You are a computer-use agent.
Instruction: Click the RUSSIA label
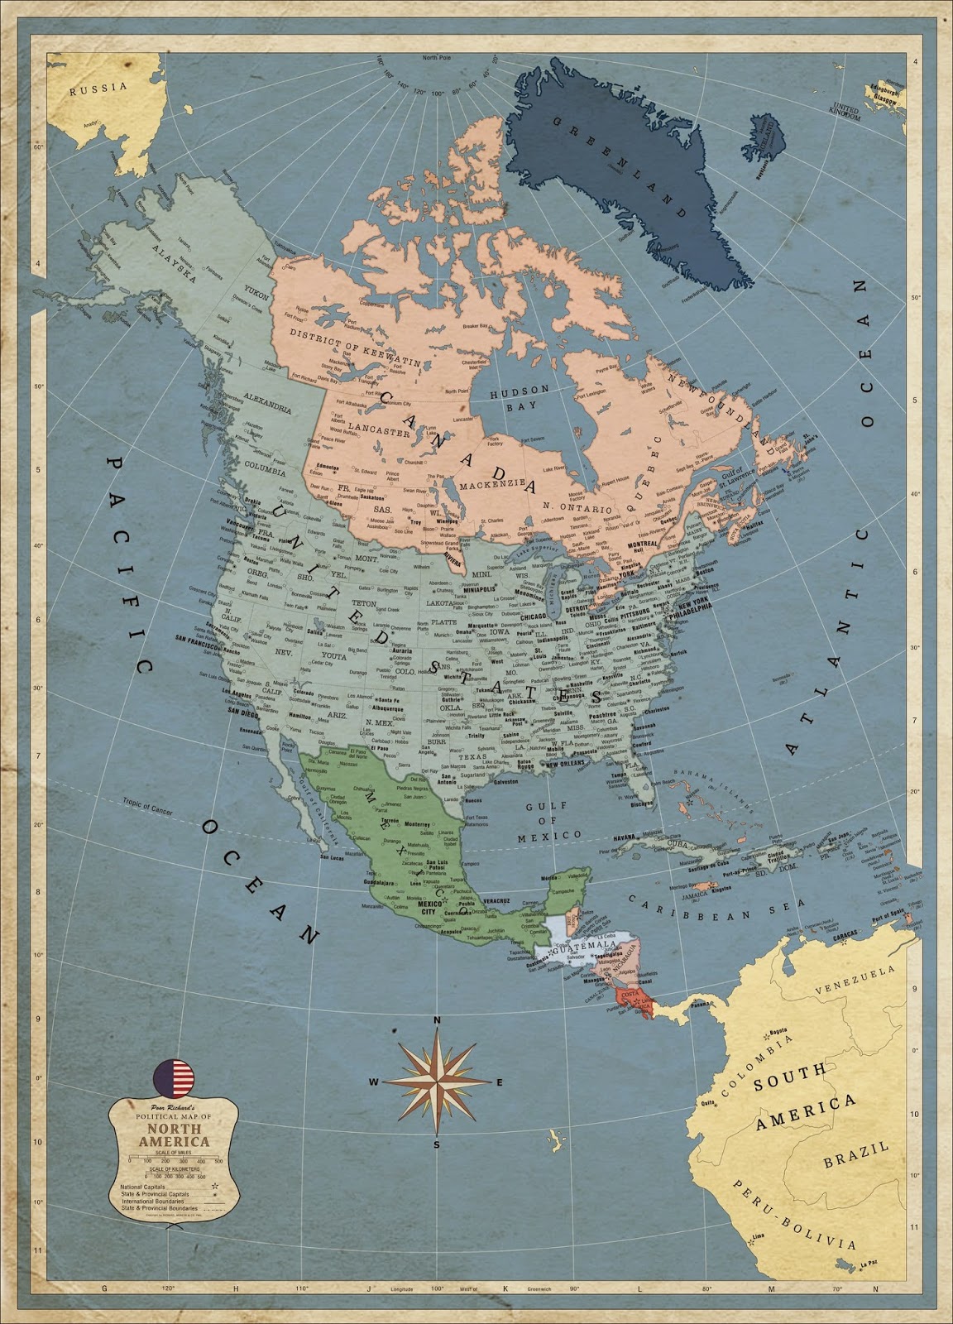(x=98, y=88)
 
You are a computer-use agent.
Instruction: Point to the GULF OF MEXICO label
(x=547, y=820)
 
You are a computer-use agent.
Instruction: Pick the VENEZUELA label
(x=855, y=978)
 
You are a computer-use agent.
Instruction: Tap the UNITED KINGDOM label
(x=845, y=112)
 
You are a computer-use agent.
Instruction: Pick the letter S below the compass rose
(x=437, y=1145)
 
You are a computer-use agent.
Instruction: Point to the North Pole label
(x=440, y=57)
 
